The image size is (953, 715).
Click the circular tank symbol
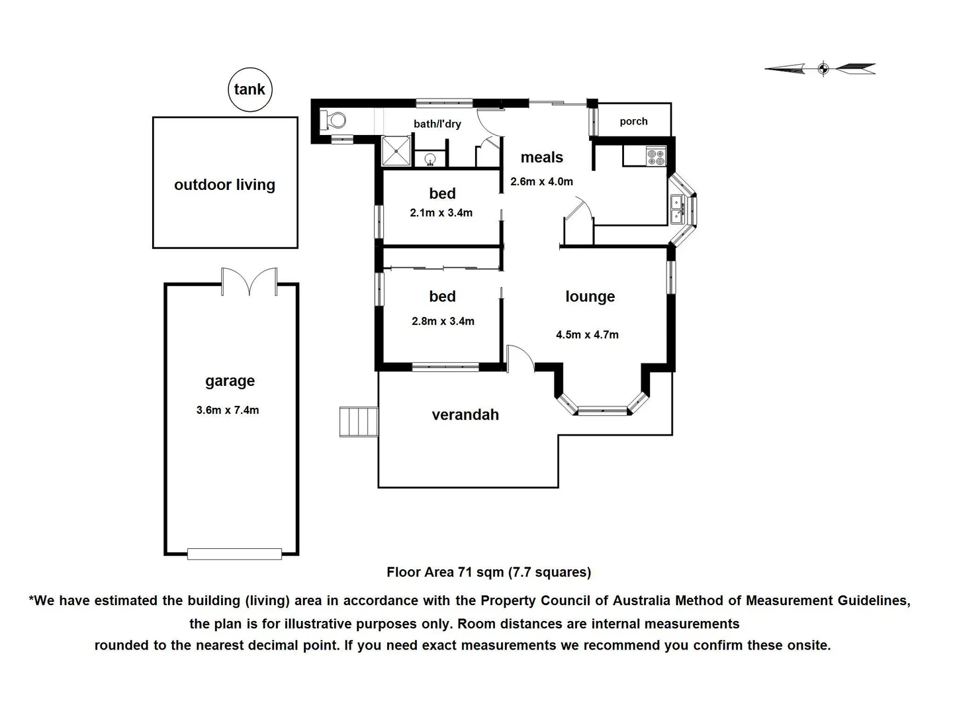coord(250,89)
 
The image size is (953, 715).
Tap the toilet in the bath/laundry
coord(333,120)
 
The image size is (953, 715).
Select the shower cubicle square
coord(396,151)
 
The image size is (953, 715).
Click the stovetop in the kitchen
coord(656,157)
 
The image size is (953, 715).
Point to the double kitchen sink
coord(677,209)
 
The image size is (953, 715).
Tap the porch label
coord(633,122)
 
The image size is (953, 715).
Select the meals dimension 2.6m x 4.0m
coord(541,181)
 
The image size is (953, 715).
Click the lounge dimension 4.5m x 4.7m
coord(587,335)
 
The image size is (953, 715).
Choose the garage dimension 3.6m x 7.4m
coord(228,410)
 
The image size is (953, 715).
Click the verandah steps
coord(359,421)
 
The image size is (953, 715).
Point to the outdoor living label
coord(224,185)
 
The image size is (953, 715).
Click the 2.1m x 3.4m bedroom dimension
coord(441,213)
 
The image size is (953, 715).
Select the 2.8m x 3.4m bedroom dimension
coord(443,321)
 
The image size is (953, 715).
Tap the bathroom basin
coord(430,160)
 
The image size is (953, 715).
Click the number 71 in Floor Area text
coord(465,572)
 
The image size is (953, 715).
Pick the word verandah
coord(465,415)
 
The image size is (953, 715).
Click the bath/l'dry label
coord(437,124)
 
